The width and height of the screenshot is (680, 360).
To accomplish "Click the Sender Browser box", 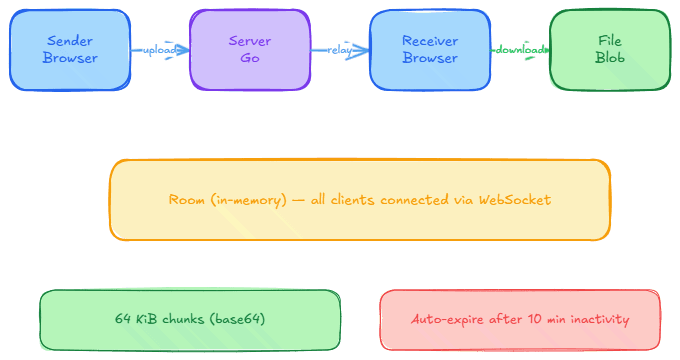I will pyautogui.click(x=70, y=50).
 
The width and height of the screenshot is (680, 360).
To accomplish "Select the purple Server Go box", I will pyautogui.click(x=250, y=50).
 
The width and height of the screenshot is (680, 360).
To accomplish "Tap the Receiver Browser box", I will pyautogui.click(x=430, y=50).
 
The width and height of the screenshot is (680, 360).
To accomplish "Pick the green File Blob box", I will pyautogui.click(x=610, y=50).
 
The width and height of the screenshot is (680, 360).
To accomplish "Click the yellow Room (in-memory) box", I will pyautogui.click(x=360, y=200).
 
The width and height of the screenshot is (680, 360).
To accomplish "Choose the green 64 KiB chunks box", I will pyautogui.click(x=190, y=320).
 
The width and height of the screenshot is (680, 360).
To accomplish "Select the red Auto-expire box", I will pyautogui.click(x=520, y=320).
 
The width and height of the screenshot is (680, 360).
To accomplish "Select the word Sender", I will pyautogui.click(x=70, y=41).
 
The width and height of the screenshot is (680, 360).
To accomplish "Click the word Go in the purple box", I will pyautogui.click(x=250, y=59).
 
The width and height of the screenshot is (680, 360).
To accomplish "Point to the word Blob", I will pyautogui.click(x=610, y=59).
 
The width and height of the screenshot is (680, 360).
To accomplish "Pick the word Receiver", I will pyautogui.click(x=430, y=41).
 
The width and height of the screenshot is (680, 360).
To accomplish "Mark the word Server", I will pyautogui.click(x=250, y=41).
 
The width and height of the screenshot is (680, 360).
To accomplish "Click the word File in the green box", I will pyautogui.click(x=610, y=41).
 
